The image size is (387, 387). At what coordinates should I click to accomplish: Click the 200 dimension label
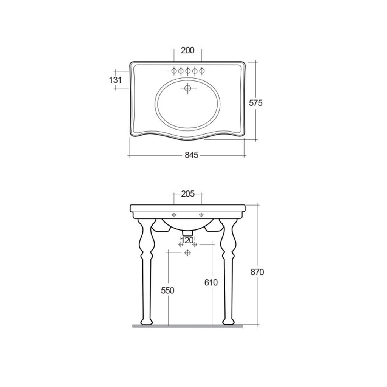187,50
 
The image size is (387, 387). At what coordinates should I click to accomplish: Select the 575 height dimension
256,102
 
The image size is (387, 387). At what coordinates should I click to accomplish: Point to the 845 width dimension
192,155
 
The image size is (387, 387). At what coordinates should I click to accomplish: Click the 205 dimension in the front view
187,194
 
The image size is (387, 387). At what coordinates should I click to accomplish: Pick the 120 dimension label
187,240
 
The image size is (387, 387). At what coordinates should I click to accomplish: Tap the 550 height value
167,290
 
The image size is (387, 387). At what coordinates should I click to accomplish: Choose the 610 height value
211,282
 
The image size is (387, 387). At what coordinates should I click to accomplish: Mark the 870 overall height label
257,272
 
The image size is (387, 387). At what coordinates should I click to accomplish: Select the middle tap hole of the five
188,70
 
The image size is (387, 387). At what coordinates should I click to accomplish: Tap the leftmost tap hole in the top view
174,70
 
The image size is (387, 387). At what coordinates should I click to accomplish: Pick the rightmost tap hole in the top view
202,70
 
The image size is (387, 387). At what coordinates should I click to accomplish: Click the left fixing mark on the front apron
174,215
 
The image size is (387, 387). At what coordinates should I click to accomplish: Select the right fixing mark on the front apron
201,215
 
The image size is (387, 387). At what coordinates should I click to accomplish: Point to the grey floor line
188,325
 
